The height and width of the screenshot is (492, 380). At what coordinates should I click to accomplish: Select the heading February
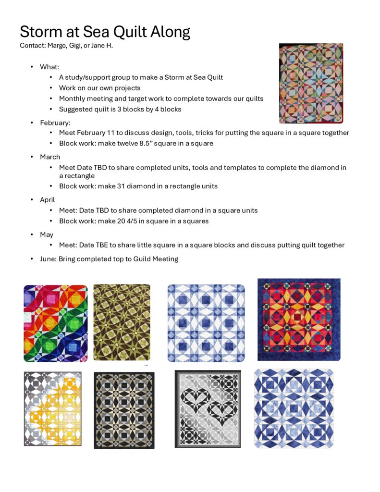click(x=55, y=123)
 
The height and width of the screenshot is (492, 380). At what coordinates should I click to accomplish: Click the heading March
click(x=50, y=157)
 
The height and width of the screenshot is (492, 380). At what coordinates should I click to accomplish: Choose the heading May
click(x=47, y=235)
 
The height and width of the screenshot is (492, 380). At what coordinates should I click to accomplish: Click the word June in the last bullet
click(x=48, y=259)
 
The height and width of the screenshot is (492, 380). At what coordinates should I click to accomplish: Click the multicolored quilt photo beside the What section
click(x=311, y=83)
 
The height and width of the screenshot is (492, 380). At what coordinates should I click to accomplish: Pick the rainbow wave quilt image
click(x=56, y=323)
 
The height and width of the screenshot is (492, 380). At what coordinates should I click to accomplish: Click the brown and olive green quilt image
click(x=122, y=322)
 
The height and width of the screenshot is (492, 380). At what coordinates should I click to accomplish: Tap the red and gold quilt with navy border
click(x=299, y=320)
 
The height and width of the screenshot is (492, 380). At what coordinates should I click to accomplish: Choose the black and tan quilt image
click(x=124, y=410)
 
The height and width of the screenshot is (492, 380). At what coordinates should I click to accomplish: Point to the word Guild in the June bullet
click(x=132, y=259)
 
